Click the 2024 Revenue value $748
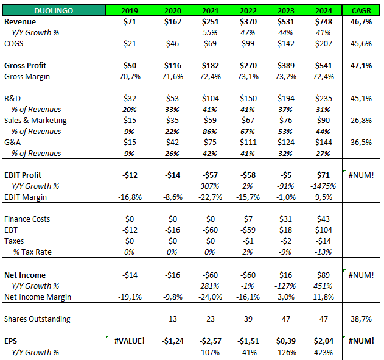coord(324,21)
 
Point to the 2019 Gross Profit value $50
coord(130,65)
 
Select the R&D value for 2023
coord(285,98)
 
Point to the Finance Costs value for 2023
coord(285,219)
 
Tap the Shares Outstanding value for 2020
coord(172,319)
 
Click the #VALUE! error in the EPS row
coord(130,341)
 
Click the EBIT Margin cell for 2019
coord(130,197)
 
